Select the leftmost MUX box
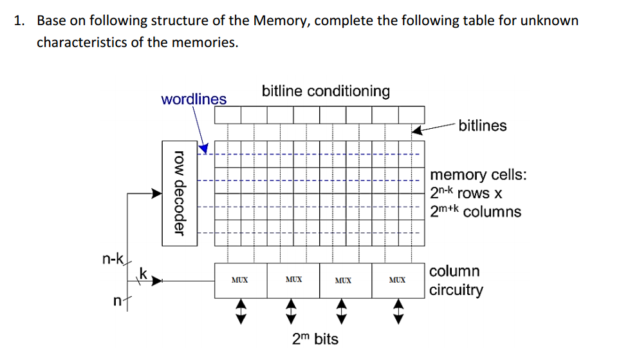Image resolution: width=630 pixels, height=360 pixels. point(239,280)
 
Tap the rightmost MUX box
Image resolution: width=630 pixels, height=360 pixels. point(398,280)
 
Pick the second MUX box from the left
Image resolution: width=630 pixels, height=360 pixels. point(293,280)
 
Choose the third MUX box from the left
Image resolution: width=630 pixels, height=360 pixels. point(345,280)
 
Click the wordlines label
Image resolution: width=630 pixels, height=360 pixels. point(194,99)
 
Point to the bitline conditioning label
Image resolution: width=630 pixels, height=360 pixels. point(326,91)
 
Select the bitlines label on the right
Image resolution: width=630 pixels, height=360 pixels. point(483,126)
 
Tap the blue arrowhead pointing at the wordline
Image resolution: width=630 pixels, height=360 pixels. point(203,149)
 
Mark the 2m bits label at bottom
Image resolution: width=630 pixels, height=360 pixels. point(315,339)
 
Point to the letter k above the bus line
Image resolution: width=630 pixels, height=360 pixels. point(144,274)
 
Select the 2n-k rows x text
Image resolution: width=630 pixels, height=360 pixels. point(466,193)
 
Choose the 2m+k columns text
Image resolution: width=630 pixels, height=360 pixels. point(476,212)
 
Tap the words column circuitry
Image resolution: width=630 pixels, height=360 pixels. point(456,280)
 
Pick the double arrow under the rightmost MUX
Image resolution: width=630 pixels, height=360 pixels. point(398,311)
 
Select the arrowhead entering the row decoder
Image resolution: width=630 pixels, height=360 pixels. point(156,192)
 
